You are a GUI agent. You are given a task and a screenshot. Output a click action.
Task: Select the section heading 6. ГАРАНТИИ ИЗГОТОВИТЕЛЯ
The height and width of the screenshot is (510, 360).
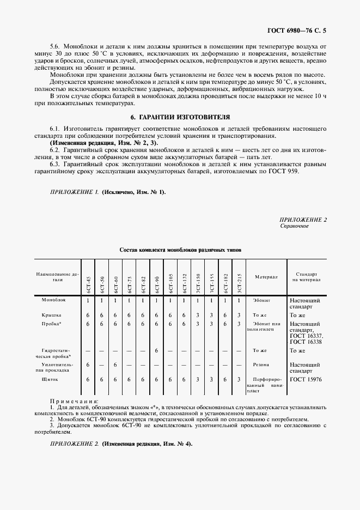click(180, 117)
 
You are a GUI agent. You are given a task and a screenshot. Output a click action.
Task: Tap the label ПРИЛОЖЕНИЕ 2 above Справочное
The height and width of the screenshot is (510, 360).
click(303, 219)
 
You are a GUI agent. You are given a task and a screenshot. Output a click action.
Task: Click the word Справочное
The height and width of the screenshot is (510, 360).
click(294, 226)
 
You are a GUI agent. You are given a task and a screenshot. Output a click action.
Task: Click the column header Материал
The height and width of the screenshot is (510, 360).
click(266, 277)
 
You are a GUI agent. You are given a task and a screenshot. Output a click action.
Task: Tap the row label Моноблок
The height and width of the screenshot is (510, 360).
click(53, 300)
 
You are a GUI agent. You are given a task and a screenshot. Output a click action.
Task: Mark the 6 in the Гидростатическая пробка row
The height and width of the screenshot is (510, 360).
click(156, 350)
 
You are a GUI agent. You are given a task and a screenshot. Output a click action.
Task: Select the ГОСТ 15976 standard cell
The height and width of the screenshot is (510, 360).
click(306, 379)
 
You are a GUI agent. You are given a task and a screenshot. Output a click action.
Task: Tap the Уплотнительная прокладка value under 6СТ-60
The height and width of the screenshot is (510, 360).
click(115, 365)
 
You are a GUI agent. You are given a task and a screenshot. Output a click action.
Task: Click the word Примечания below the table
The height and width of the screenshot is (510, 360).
click(71, 400)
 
